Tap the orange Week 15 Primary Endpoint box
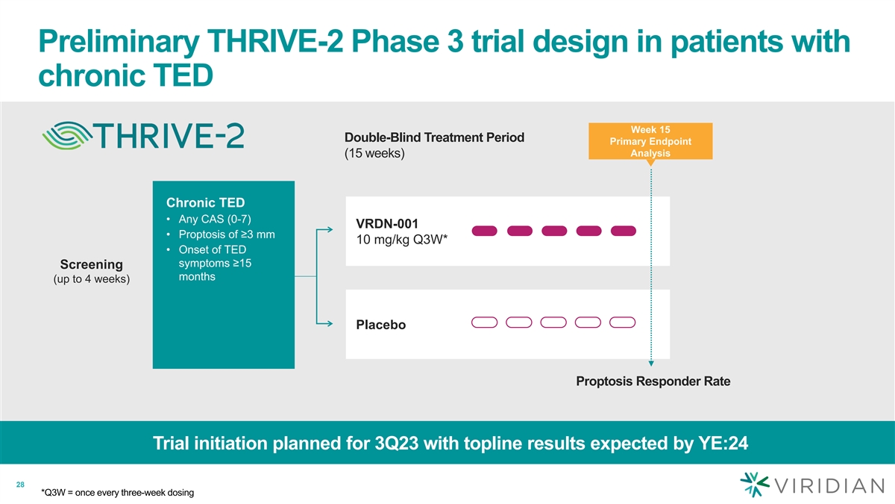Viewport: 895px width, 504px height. [x=650, y=141]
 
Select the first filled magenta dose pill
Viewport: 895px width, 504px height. [x=485, y=230]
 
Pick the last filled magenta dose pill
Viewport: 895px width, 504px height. [x=623, y=230]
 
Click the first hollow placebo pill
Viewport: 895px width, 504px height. [x=485, y=323]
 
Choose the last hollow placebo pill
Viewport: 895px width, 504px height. [x=623, y=323]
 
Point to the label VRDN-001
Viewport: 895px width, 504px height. [x=387, y=223]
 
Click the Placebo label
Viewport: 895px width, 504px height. [x=381, y=326]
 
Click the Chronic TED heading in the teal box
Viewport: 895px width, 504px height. [x=205, y=202]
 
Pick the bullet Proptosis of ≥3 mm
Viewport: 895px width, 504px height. [x=221, y=234]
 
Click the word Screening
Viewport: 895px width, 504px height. [x=92, y=265]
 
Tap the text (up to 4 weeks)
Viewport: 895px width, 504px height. [x=92, y=280]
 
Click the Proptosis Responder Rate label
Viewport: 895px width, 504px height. [x=653, y=382]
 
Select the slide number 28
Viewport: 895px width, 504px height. [x=21, y=486]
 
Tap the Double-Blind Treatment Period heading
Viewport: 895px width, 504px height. [x=434, y=137]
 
